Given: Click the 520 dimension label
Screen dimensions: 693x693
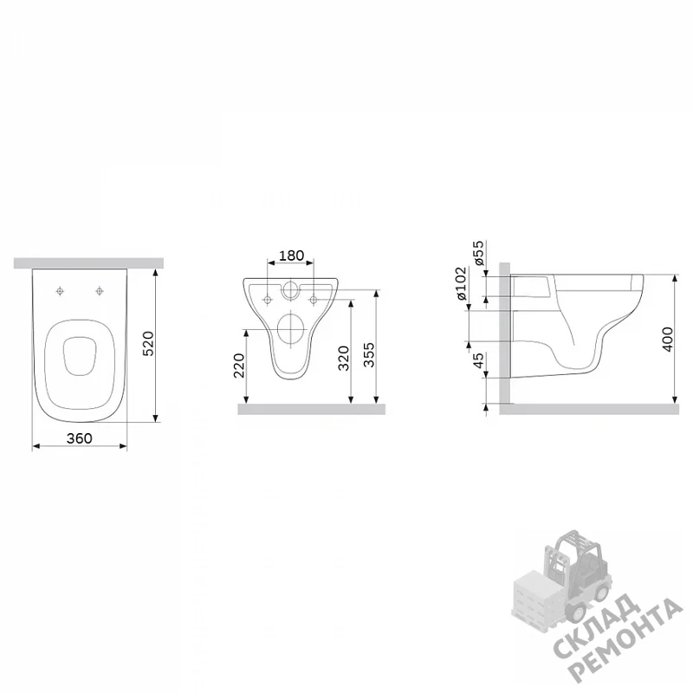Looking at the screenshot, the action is tap(148, 343).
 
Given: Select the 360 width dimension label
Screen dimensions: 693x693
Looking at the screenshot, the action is tap(80, 438).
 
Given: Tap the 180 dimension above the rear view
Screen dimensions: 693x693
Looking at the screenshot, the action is tap(291, 256).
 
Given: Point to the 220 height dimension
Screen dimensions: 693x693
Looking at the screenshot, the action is tap(239, 365).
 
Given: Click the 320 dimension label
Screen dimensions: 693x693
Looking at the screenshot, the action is tap(343, 359).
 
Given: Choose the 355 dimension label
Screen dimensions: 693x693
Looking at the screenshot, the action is tap(369, 355).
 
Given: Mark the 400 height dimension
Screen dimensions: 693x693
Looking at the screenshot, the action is tap(667, 340).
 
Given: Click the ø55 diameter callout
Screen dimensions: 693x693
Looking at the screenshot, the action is tap(478, 253).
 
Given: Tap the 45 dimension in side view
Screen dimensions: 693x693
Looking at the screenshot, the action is tap(478, 360).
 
